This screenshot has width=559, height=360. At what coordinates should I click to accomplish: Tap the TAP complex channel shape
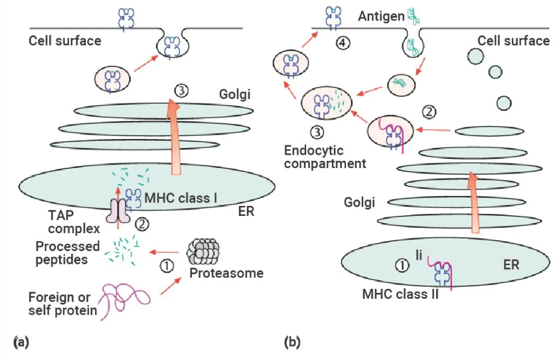[118, 211]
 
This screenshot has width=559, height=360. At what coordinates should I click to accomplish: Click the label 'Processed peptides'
[68, 253]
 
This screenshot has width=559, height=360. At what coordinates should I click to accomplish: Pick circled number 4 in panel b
[342, 43]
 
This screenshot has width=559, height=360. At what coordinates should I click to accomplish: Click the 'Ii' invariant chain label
[420, 254]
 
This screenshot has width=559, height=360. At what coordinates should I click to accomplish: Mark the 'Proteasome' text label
[226, 273]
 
